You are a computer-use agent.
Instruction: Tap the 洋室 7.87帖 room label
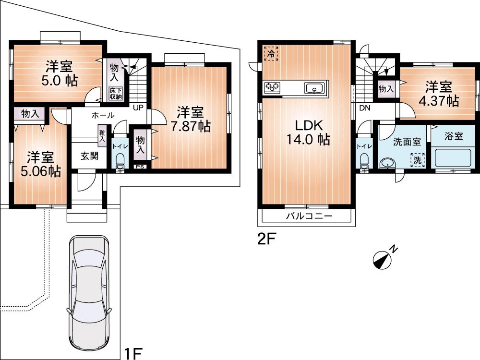[x=191, y=120]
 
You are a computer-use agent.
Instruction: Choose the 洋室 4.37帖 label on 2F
[x=438, y=94]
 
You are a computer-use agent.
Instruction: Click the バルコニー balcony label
[x=310, y=216]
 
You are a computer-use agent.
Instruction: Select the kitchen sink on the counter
[x=314, y=88]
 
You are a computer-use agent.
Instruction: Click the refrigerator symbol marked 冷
[x=271, y=53]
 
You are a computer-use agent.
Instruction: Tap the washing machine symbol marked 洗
[x=418, y=160]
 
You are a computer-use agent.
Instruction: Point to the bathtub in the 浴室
[x=453, y=158]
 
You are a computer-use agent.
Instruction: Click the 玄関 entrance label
[x=89, y=156]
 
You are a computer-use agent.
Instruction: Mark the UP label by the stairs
[x=138, y=107]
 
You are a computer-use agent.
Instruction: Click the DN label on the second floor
[x=365, y=108]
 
